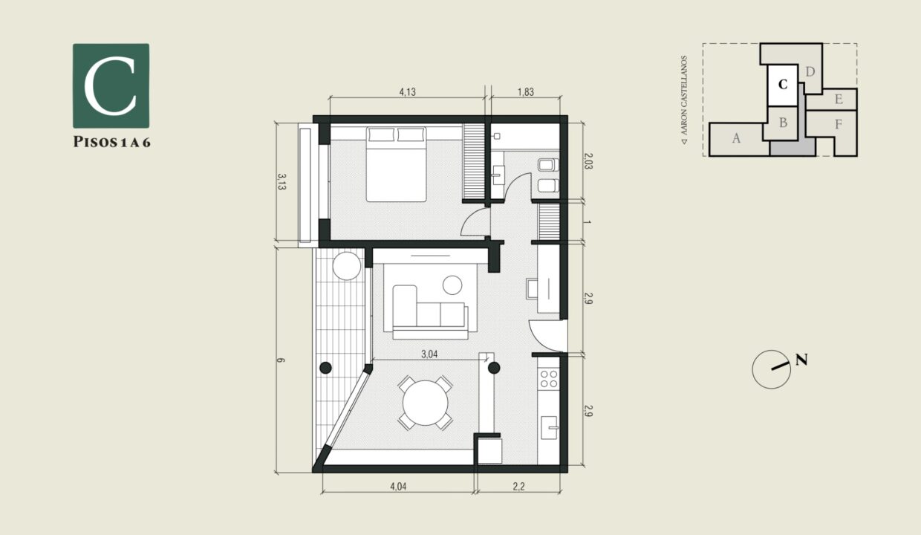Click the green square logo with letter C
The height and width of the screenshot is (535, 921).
(111, 85)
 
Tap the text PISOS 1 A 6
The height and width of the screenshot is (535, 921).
(111, 143)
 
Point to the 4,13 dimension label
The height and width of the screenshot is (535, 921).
(407, 93)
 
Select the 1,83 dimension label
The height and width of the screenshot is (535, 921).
(525, 93)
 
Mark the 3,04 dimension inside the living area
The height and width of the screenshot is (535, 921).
(429, 354)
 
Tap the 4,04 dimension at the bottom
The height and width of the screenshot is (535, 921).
(397, 488)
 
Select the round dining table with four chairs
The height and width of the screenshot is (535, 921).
(426, 403)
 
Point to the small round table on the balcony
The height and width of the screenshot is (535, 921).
(346, 265)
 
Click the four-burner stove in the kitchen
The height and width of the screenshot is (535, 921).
(549, 379)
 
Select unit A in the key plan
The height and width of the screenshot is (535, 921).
(736, 138)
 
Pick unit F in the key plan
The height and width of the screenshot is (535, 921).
(838, 125)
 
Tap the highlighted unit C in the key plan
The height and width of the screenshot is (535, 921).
(782, 85)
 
